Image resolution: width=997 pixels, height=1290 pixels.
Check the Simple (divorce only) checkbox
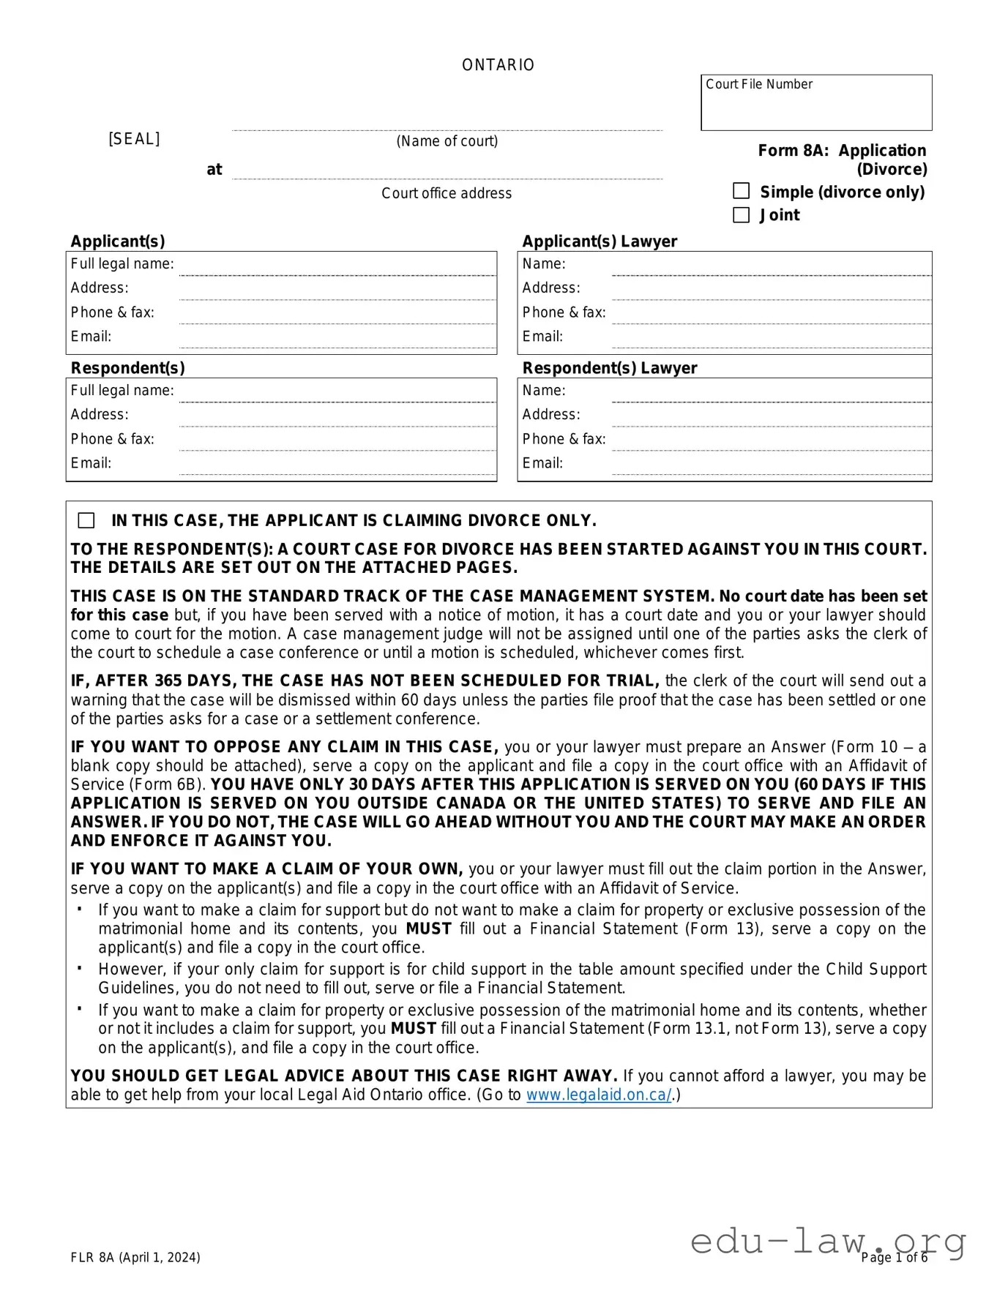click(x=741, y=191)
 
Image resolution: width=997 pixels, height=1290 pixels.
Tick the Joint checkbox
click(x=741, y=214)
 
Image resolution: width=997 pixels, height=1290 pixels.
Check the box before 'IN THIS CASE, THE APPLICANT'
click(x=86, y=520)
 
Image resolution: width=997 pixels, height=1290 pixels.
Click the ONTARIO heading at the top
click(x=498, y=65)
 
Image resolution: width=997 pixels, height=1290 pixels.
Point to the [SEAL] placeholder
click(x=134, y=139)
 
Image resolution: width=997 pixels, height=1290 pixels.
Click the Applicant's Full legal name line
click(x=337, y=267)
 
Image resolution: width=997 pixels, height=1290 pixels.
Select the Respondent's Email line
click(x=337, y=467)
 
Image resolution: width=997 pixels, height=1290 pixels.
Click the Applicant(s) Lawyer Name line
click(x=770, y=267)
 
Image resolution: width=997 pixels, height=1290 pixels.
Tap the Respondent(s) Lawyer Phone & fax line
click(x=770, y=442)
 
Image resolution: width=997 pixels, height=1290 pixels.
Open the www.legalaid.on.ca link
click(x=598, y=1095)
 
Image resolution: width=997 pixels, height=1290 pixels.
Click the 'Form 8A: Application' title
click(x=842, y=151)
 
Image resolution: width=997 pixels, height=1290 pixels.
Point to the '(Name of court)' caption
click(x=447, y=141)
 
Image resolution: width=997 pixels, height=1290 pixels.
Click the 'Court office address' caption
click(x=447, y=193)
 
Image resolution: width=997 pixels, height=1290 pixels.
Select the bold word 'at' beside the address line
click(x=214, y=170)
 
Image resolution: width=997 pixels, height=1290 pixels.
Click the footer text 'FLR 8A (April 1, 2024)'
click(x=135, y=1257)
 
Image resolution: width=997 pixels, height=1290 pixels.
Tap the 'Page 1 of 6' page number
click(x=894, y=1257)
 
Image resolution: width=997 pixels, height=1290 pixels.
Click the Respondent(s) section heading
click(x=127, y=368)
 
